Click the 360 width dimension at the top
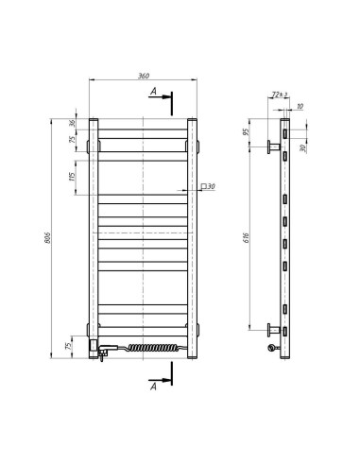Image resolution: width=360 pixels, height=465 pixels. coord(144,74)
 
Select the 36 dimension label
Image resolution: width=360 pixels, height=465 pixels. coord(72,123)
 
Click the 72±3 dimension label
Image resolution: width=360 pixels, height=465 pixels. coord(278,95)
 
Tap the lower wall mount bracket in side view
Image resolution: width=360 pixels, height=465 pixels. coord(274,329)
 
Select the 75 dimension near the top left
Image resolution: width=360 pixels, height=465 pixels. coord(72,140)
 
